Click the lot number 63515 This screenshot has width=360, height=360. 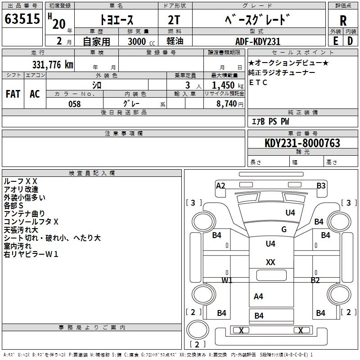22,20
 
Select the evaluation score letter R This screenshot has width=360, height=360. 343,20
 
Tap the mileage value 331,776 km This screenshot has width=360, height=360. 53,65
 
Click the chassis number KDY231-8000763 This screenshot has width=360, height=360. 302,143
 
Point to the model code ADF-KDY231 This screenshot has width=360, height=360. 258,41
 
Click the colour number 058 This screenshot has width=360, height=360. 74,104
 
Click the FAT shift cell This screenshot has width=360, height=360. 13,94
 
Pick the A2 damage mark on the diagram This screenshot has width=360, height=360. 220,185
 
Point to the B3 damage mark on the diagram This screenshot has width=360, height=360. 321,185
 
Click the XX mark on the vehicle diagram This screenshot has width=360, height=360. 270,262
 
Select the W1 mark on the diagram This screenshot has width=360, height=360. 227,280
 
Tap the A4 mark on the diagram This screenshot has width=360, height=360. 258,297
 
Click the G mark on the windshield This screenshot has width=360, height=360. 284,229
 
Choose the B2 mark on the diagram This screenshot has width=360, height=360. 315,280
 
